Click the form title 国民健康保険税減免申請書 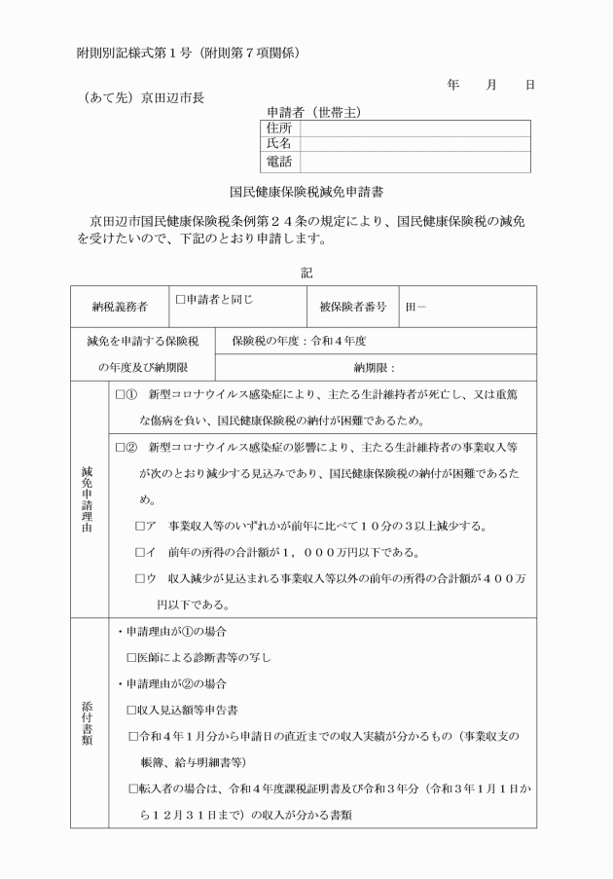[306, 193]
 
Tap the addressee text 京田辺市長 [172, 96]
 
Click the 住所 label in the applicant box [279, 128]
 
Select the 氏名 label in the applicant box [279, 144]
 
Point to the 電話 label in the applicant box [279, 162]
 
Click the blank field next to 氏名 [415, 144]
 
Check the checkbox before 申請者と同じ [180, 300]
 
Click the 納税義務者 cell [120, 308]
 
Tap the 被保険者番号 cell [352, 308]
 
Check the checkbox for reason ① [122, 396]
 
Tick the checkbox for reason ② [122, 448]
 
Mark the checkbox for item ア [142, 527]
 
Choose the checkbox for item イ [142, 553]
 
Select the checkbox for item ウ [142, 578]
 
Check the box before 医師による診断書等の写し [132, 658]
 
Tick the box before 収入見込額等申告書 [132, 710]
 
